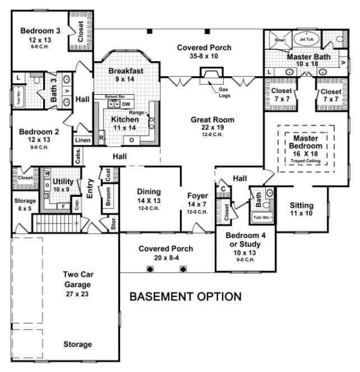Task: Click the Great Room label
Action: (x=212, y=120)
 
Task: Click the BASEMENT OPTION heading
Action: (x=186, y=296)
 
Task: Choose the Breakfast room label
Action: (x=126, y=71)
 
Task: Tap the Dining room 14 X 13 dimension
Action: (x=149, y=201)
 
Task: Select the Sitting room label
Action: (x=302, y=206)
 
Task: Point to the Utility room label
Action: (x=62, y=182)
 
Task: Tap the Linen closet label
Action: (x=82, y=139)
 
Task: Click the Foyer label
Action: (x=198, y=196)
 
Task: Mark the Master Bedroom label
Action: (x=305, y=143)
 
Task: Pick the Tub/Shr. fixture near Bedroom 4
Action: (x=261, y=217)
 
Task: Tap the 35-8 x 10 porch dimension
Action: (x=204, y=57)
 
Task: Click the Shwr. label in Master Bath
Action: (x=279, y=40)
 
